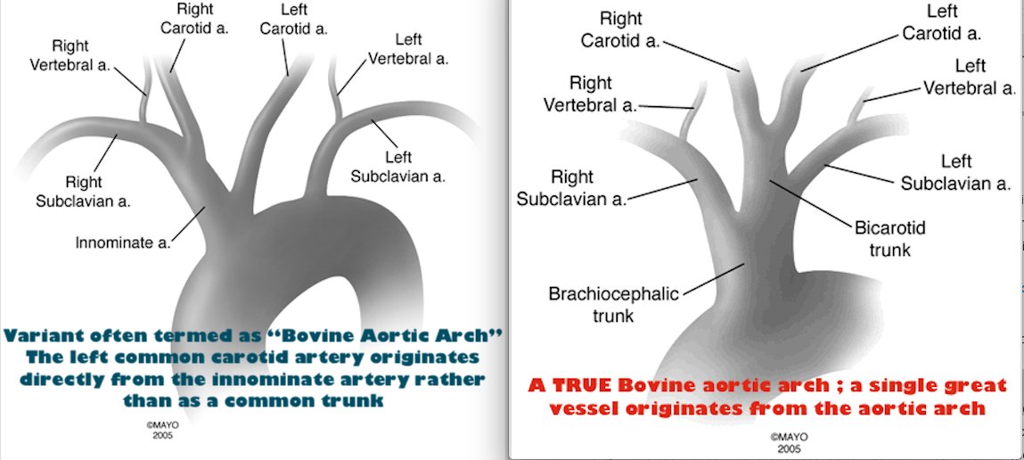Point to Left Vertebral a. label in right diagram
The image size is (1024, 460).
(x=970, y=78)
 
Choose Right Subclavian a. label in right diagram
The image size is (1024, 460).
(x=571, y=187)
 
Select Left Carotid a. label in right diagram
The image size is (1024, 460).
(x=942, y=22)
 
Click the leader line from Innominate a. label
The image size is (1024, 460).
(x=189, y=223)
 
